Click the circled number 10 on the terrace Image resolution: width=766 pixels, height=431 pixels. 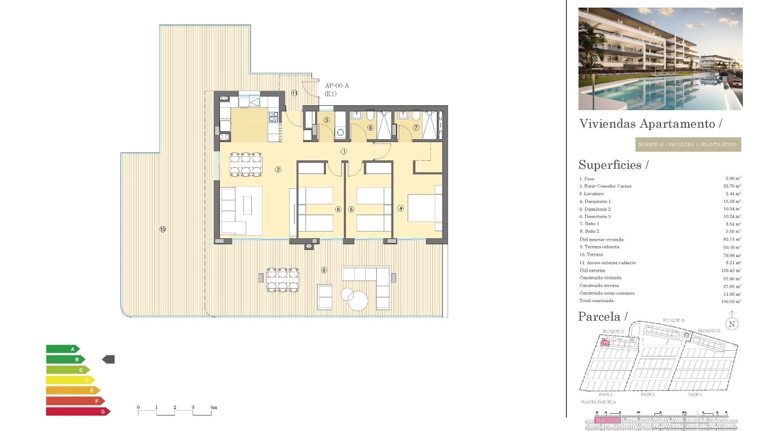coord(163,229)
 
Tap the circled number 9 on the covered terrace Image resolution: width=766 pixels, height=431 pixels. coord(324,270)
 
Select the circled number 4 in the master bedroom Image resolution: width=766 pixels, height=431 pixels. coord(401,208)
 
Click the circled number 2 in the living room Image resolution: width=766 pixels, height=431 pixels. coord(278,170)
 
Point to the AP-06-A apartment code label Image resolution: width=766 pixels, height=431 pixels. coord(337,86)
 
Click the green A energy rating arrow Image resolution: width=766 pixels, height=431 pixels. coord(63,349)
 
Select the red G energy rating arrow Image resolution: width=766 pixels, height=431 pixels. coord(78,411)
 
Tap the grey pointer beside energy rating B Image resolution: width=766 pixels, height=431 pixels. coord(109,360)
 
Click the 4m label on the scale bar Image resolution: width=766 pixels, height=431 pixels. coord(214,407)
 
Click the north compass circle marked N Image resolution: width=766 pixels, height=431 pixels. coord(732,324)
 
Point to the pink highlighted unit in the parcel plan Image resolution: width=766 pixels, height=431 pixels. coord(605,342)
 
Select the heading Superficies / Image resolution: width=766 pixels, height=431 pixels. coord(614,165)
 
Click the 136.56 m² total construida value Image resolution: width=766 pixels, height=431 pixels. coord(731,302)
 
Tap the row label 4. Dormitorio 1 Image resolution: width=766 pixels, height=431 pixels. coord(595,202)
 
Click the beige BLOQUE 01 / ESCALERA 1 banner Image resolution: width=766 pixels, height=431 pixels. coord(688,144)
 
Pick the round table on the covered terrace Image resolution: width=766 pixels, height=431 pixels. coord(357,301)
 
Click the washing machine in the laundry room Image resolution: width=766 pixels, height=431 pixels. coord(340,132)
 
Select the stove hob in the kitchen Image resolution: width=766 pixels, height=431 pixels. coord(273,117)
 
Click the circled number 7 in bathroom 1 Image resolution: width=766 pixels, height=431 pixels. coord(416,128)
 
